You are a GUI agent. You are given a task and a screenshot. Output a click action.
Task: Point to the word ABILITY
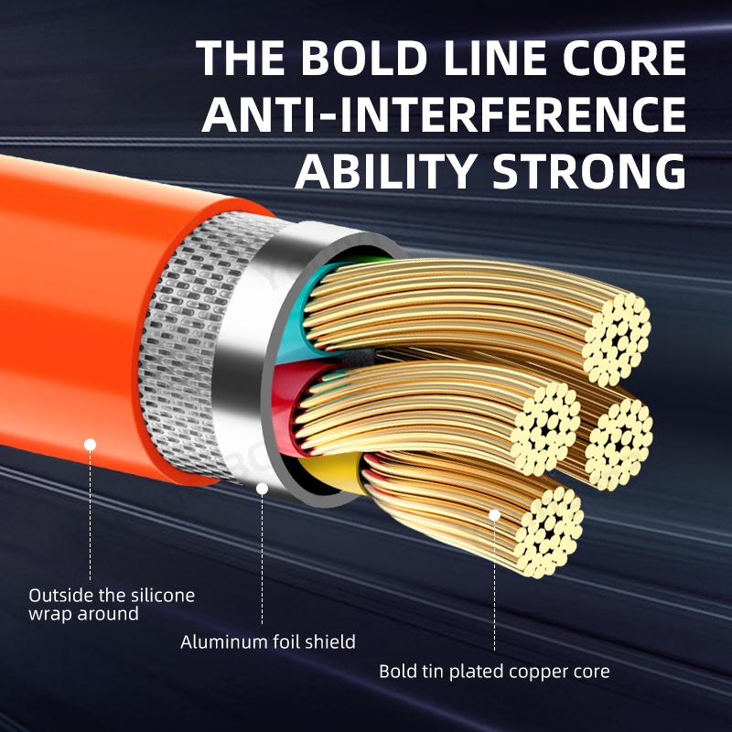[x=390, y=171]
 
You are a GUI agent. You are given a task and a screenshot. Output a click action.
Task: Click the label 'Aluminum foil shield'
[x=267, y=641]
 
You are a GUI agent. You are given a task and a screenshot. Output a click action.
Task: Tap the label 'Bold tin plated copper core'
[x=494, y=672]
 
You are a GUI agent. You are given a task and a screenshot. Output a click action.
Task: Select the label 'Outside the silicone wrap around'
[x=112, y=604]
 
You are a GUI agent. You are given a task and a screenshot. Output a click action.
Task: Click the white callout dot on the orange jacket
[x=91, y=445]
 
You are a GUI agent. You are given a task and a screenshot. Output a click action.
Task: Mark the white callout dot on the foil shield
[x=263, y=489]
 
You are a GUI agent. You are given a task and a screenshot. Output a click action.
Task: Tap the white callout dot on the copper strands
[x=495, y=514]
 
